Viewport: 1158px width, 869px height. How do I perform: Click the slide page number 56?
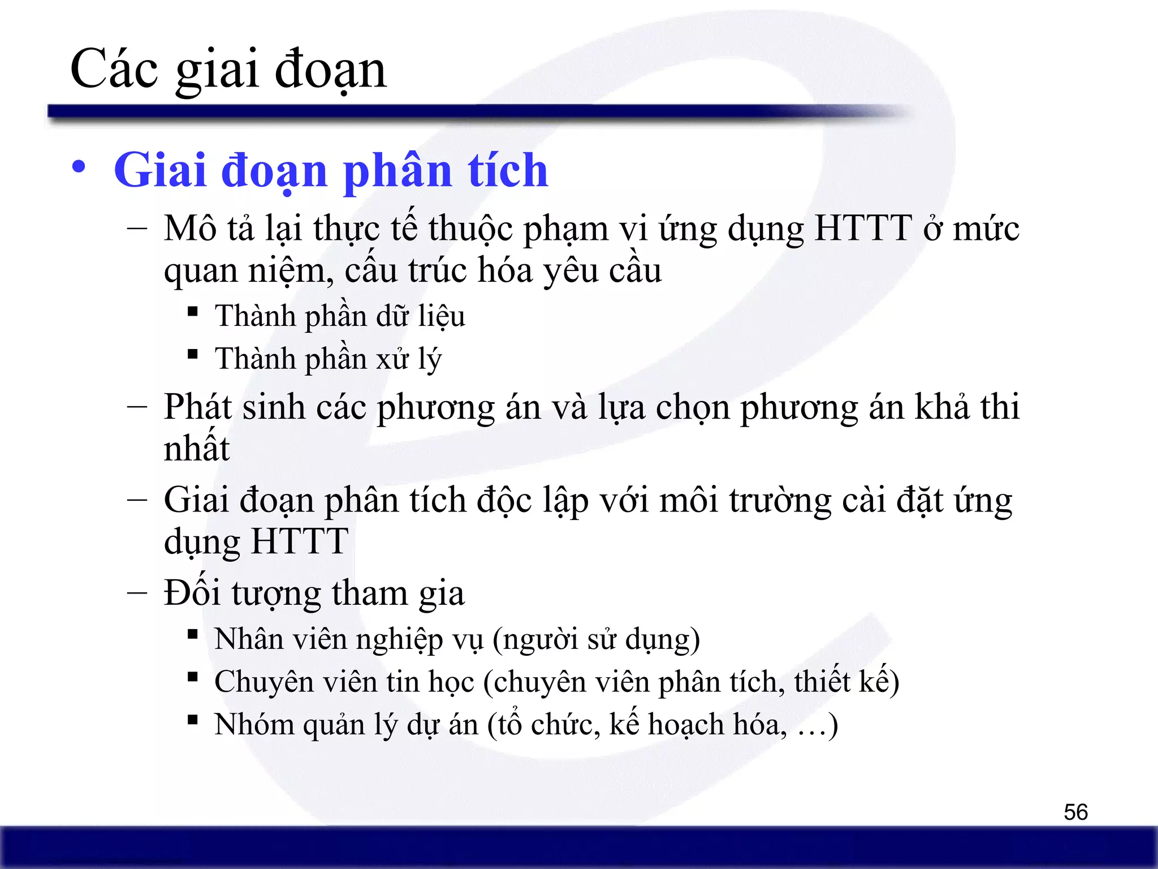1075,812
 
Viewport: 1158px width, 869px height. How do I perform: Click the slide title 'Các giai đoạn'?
228,70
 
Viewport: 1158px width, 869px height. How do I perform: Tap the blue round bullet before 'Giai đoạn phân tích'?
79,168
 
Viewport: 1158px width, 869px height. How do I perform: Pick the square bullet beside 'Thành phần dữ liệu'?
193,311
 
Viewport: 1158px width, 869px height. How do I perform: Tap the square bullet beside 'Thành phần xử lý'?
193,354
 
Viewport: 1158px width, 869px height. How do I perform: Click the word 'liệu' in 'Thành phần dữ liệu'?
441,316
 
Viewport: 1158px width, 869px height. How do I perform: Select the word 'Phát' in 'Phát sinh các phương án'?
197,407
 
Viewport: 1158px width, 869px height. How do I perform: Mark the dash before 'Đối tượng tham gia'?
137,593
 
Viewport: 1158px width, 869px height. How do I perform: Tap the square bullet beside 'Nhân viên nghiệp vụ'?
193,634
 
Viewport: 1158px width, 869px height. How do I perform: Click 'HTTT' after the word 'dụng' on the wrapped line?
300,541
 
